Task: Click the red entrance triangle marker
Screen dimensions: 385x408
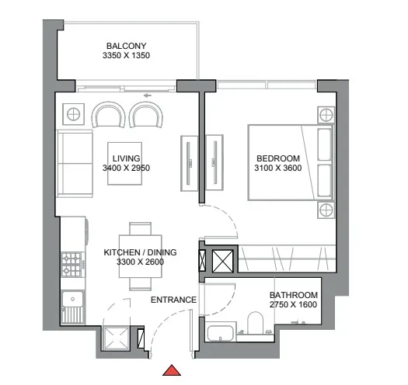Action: [x=171, y=369]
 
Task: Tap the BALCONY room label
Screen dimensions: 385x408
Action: [x=127, y=46]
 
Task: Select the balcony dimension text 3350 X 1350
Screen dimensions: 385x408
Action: [x=127, y=56]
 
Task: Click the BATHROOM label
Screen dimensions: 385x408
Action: [x=293, y=295]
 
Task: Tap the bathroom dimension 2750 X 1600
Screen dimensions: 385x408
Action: [x=293, y=305]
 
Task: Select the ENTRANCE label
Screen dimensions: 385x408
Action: [x=173, y=300]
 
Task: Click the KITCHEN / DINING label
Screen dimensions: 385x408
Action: [x=141, y=252]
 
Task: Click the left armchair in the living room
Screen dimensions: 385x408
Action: [x=107, y=115]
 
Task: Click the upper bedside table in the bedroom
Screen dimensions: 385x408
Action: [x=325, y=116]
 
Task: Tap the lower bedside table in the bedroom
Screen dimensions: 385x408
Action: [x=325, y=210]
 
